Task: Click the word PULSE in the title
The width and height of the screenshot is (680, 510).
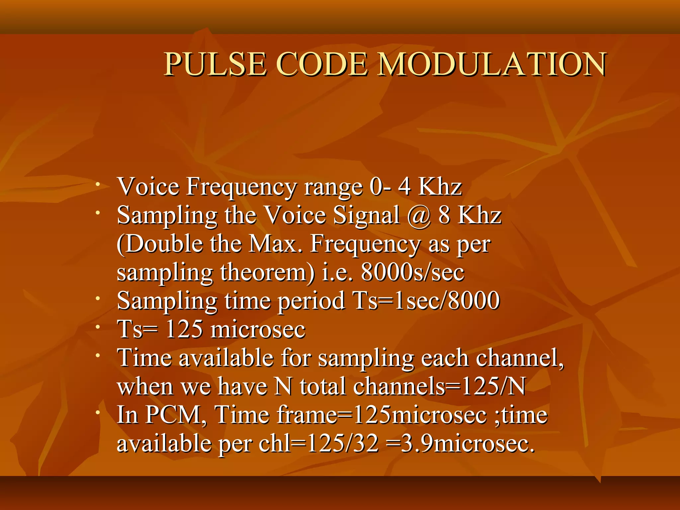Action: point(215,64)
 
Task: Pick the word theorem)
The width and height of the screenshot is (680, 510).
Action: point(268,273)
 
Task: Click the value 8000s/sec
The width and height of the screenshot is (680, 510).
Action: point(412,273)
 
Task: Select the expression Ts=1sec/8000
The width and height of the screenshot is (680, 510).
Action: point(426,301)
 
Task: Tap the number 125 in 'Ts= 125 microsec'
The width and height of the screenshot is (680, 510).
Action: point(184,329)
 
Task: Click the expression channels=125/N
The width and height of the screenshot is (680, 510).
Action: point(439,386)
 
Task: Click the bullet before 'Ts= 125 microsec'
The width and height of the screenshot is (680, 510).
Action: point(98,327)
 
